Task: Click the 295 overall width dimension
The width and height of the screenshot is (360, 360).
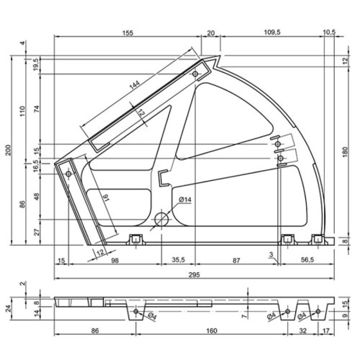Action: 194,274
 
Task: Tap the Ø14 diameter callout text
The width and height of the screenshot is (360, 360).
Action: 185,199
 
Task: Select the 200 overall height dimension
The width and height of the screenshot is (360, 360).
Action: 9,150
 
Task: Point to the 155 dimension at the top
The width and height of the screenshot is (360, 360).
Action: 128,33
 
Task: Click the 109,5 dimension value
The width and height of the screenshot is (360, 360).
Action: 272,32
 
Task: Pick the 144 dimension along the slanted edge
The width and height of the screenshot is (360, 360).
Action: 135,85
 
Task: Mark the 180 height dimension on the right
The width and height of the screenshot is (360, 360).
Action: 345,152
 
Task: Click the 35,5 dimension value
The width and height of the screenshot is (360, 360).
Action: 178,260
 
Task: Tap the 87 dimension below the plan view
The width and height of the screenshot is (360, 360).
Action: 236,261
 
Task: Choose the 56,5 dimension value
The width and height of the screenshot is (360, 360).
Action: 307,260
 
